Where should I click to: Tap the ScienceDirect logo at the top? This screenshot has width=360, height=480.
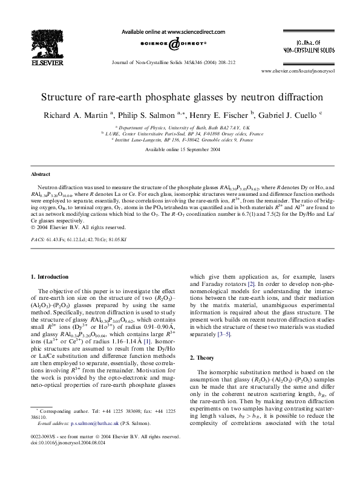pyautogui.click(x=173, y=43)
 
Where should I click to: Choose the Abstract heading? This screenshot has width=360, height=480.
pyautogui.click(x=40, y=173)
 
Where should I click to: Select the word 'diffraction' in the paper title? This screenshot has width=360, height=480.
pyautogui.click(x=298, y=96)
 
